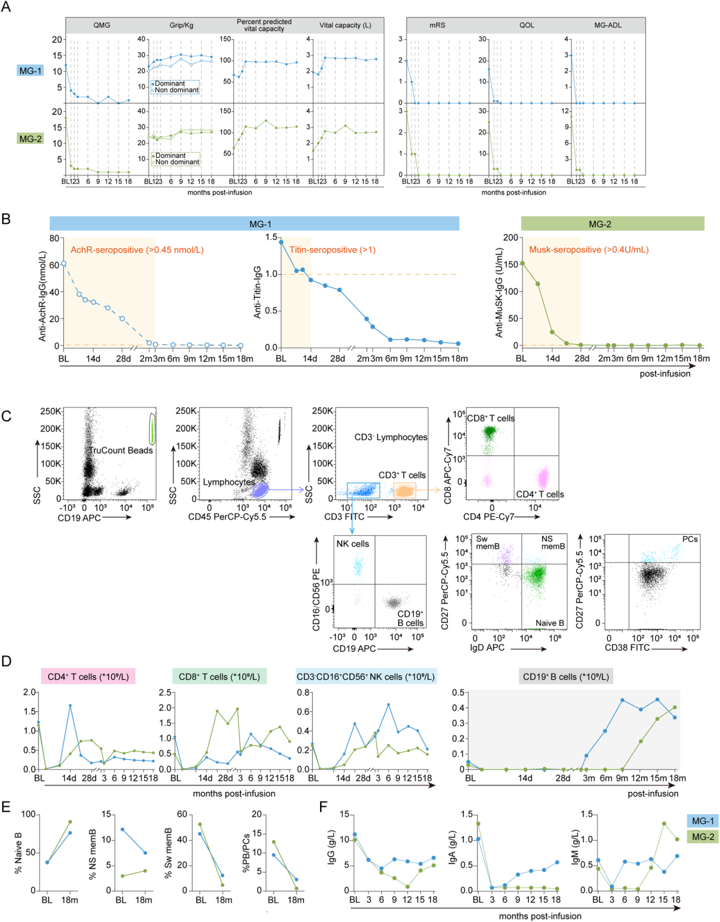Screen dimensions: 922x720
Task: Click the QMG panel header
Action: pyautogui.click(x=102, y=25)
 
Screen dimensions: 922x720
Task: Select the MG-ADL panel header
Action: pyautogui.click(x=607, y=25)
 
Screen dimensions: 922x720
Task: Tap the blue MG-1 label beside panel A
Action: pyautogui.click(x=31, y=71)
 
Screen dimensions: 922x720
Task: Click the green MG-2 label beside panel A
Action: pyautogui.click(x=31, y=139)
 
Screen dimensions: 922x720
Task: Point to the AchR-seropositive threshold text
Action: pyautogui.click(x=137, y=250)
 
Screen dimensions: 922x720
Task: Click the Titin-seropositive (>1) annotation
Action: pyautogui.click(x=333, y=250)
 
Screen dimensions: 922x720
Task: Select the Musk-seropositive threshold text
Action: pyautogui.click(x=589, y=250)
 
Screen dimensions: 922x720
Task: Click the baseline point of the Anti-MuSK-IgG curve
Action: pyautogui.click(x=523, y=263)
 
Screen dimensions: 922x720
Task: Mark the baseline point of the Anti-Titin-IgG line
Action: pyautogui.click(x=281, y=242)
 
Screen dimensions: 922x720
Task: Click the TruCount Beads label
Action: pyautogui.click(x=121, y=451)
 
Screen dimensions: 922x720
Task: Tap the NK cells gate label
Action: pyautogui.click(x=353, y=544)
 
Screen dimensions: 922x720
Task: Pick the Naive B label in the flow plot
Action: pyautogui.click(x=550, y=623)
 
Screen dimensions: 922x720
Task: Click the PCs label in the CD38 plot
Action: pyautogui.click(x=690, y=539)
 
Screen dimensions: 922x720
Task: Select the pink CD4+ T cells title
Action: pyautogui.click(x=88, y=677)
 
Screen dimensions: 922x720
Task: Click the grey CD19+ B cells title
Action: pyautogui.click(x=565, y=677)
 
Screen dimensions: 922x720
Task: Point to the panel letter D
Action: pyautogui.click(x=6, y=661)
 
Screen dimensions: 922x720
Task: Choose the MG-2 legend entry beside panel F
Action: pyautogui.click(x=703, y=837)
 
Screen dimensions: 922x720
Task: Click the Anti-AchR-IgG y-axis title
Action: pyautogui.click(x=42, y=296)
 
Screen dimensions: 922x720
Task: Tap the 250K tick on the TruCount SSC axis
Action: pyautogui.click(x=51, y=411)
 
